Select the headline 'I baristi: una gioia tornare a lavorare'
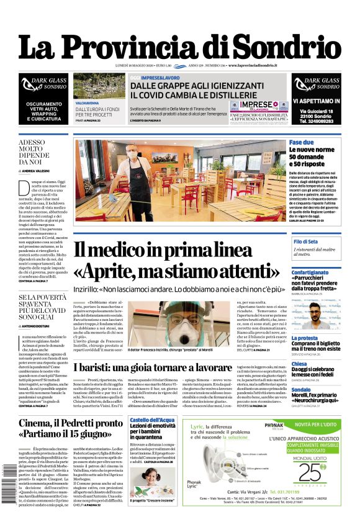(x=176, y=367)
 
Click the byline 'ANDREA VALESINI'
(x=39, y=169)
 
